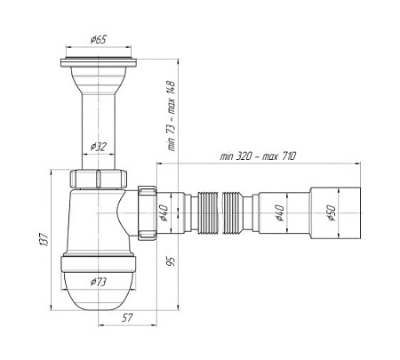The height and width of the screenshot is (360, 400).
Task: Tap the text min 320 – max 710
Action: coord(258,156)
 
